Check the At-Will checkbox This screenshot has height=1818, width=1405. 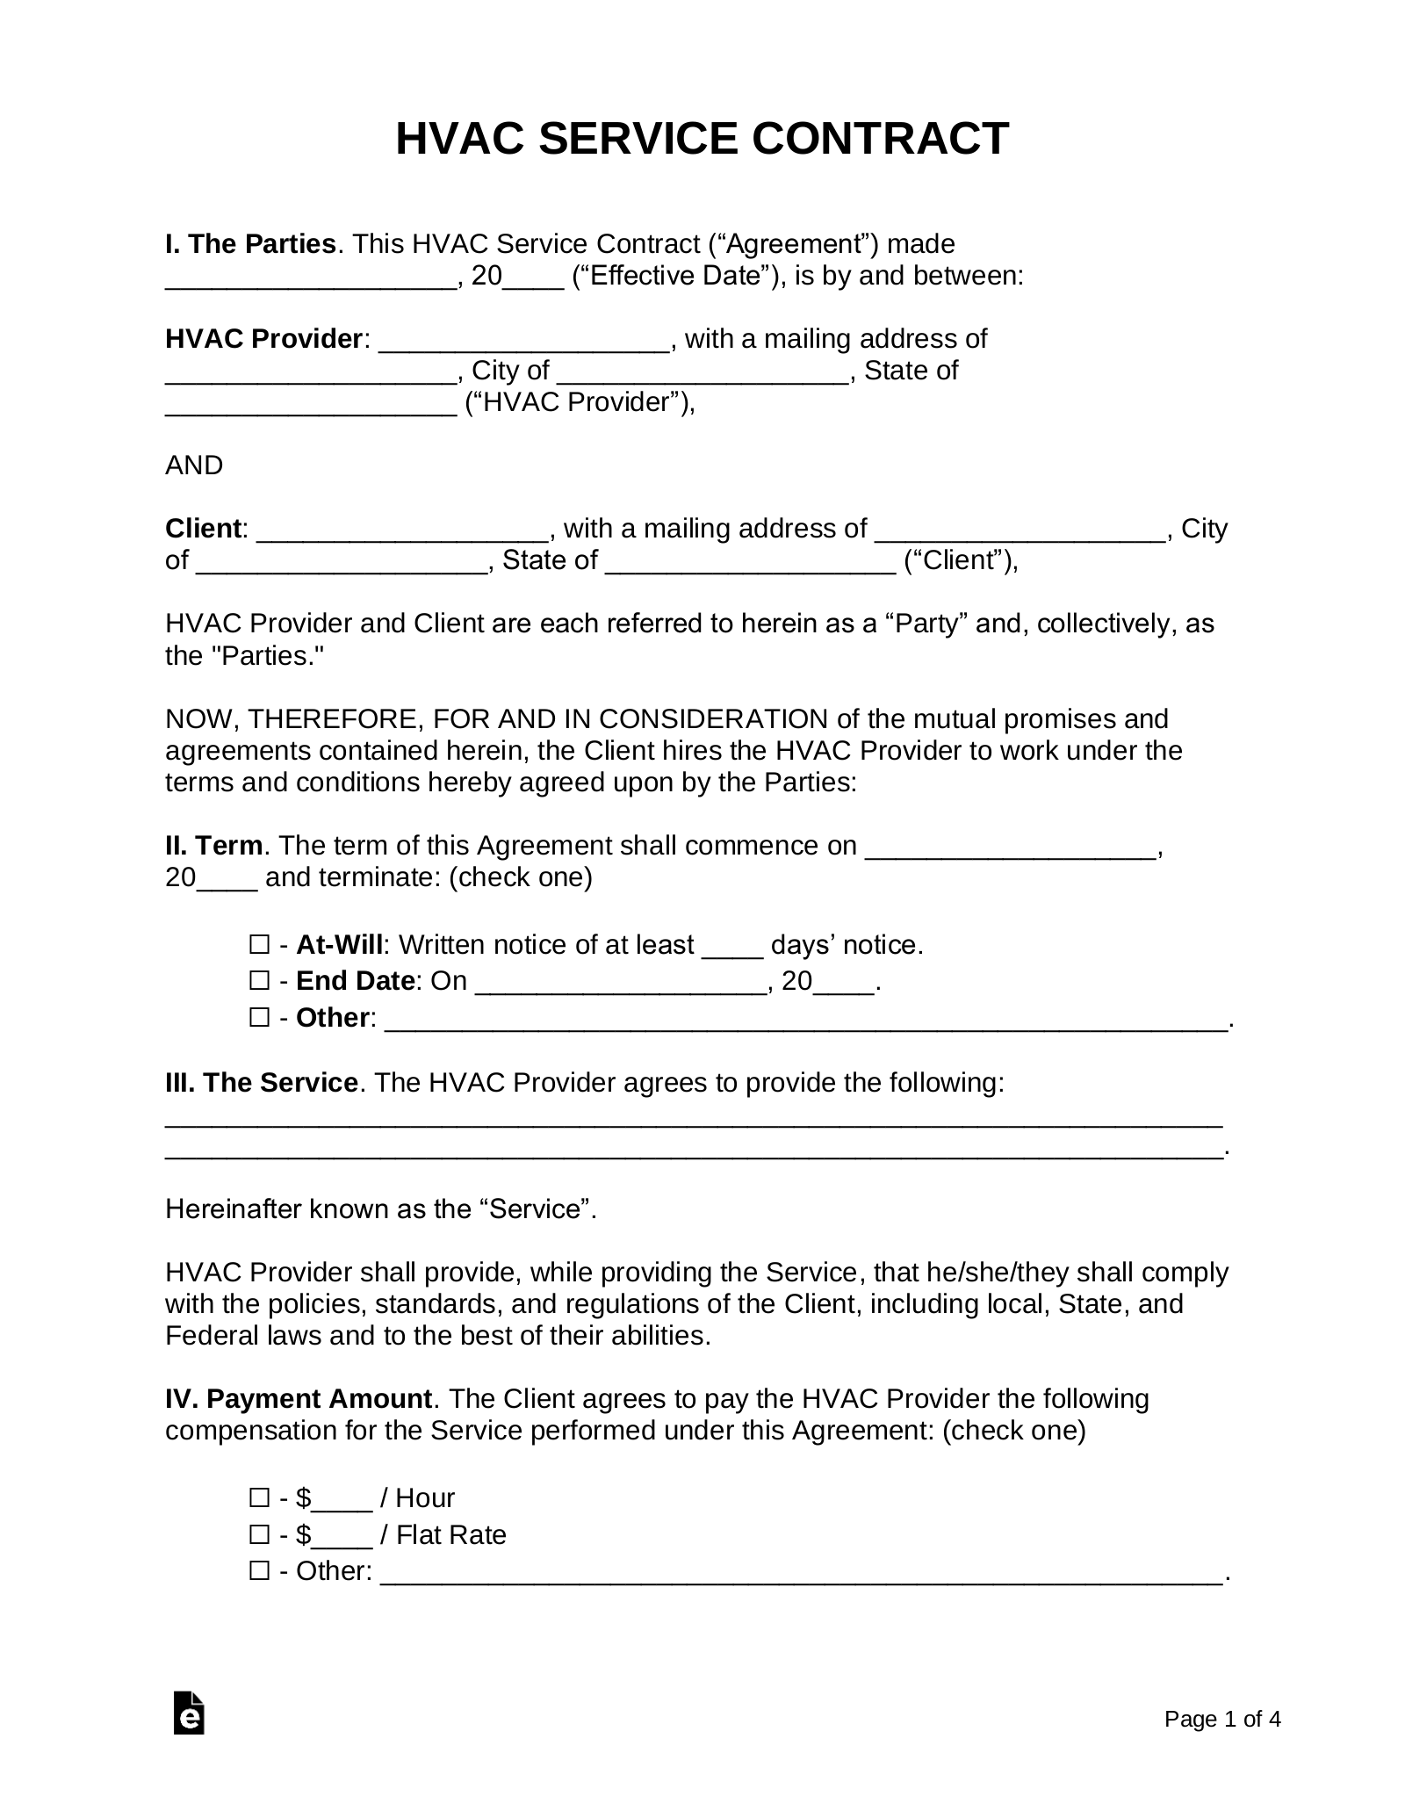point(259,945)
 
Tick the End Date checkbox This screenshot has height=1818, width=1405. point(259,980)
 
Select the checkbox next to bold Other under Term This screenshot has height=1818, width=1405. point(259,1018)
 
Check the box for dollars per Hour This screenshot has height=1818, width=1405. point(259,1497)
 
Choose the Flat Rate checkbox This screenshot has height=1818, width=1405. point(259,1534)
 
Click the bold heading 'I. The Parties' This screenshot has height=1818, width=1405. point(250,244)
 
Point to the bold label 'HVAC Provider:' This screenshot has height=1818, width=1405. point(263,339)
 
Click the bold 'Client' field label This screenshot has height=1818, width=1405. point(203,529)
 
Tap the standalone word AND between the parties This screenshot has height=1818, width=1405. point(194,465)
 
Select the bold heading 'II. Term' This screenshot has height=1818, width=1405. point(213,846)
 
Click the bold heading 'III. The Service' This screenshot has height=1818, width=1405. point(261,1083)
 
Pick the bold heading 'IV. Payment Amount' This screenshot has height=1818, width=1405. point(299,1399)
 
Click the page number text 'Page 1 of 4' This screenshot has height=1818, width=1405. point(1222,1743)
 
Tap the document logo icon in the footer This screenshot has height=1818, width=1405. point(189,1737)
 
